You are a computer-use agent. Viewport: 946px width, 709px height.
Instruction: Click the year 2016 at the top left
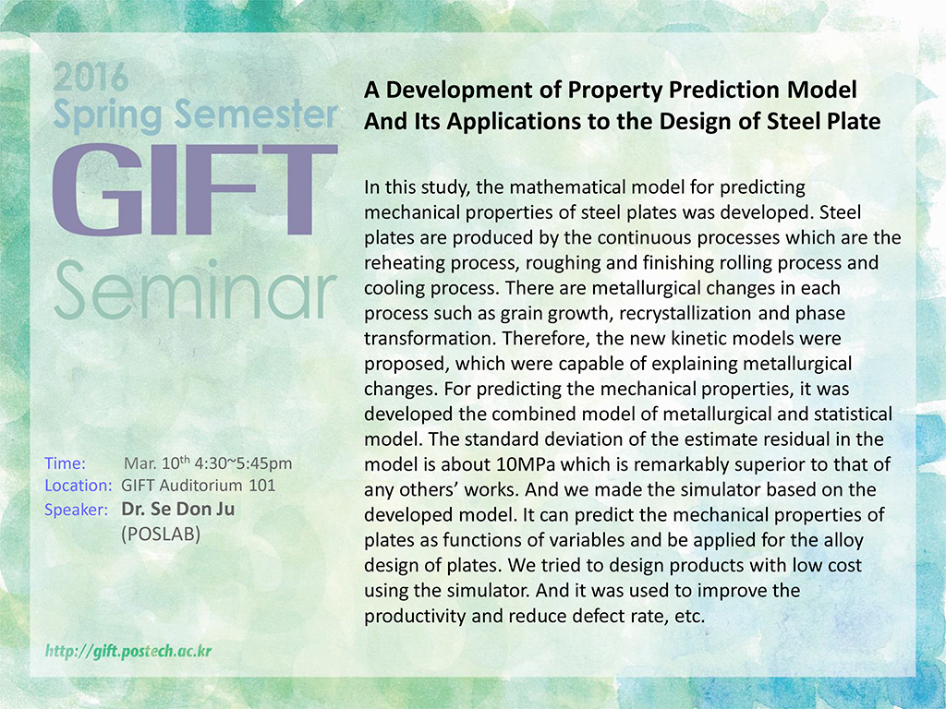[x=91, y=77]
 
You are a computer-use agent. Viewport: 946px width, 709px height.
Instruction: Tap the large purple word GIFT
[x=195, y=189]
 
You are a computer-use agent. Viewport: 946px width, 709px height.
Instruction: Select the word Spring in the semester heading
[x=107, y=115]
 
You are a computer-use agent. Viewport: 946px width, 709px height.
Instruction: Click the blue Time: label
[x=66, y=463]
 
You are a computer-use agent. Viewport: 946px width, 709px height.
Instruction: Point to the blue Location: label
[x=79, y=486]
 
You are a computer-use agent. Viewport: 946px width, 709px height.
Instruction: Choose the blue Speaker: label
[x=76, y=510]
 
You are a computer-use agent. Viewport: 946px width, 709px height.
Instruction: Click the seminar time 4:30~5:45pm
[x=243, y=463]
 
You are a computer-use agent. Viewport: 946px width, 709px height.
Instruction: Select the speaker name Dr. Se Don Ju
[x=178, y=509]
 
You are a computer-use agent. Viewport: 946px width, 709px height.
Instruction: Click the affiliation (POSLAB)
[x=161, y=535]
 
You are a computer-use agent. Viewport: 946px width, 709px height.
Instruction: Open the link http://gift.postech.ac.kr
[x=128, y=651]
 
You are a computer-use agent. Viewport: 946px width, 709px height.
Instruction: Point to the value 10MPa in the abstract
[x=526, y=464]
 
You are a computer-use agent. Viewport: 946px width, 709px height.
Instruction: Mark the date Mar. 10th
[x=157, y=463]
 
